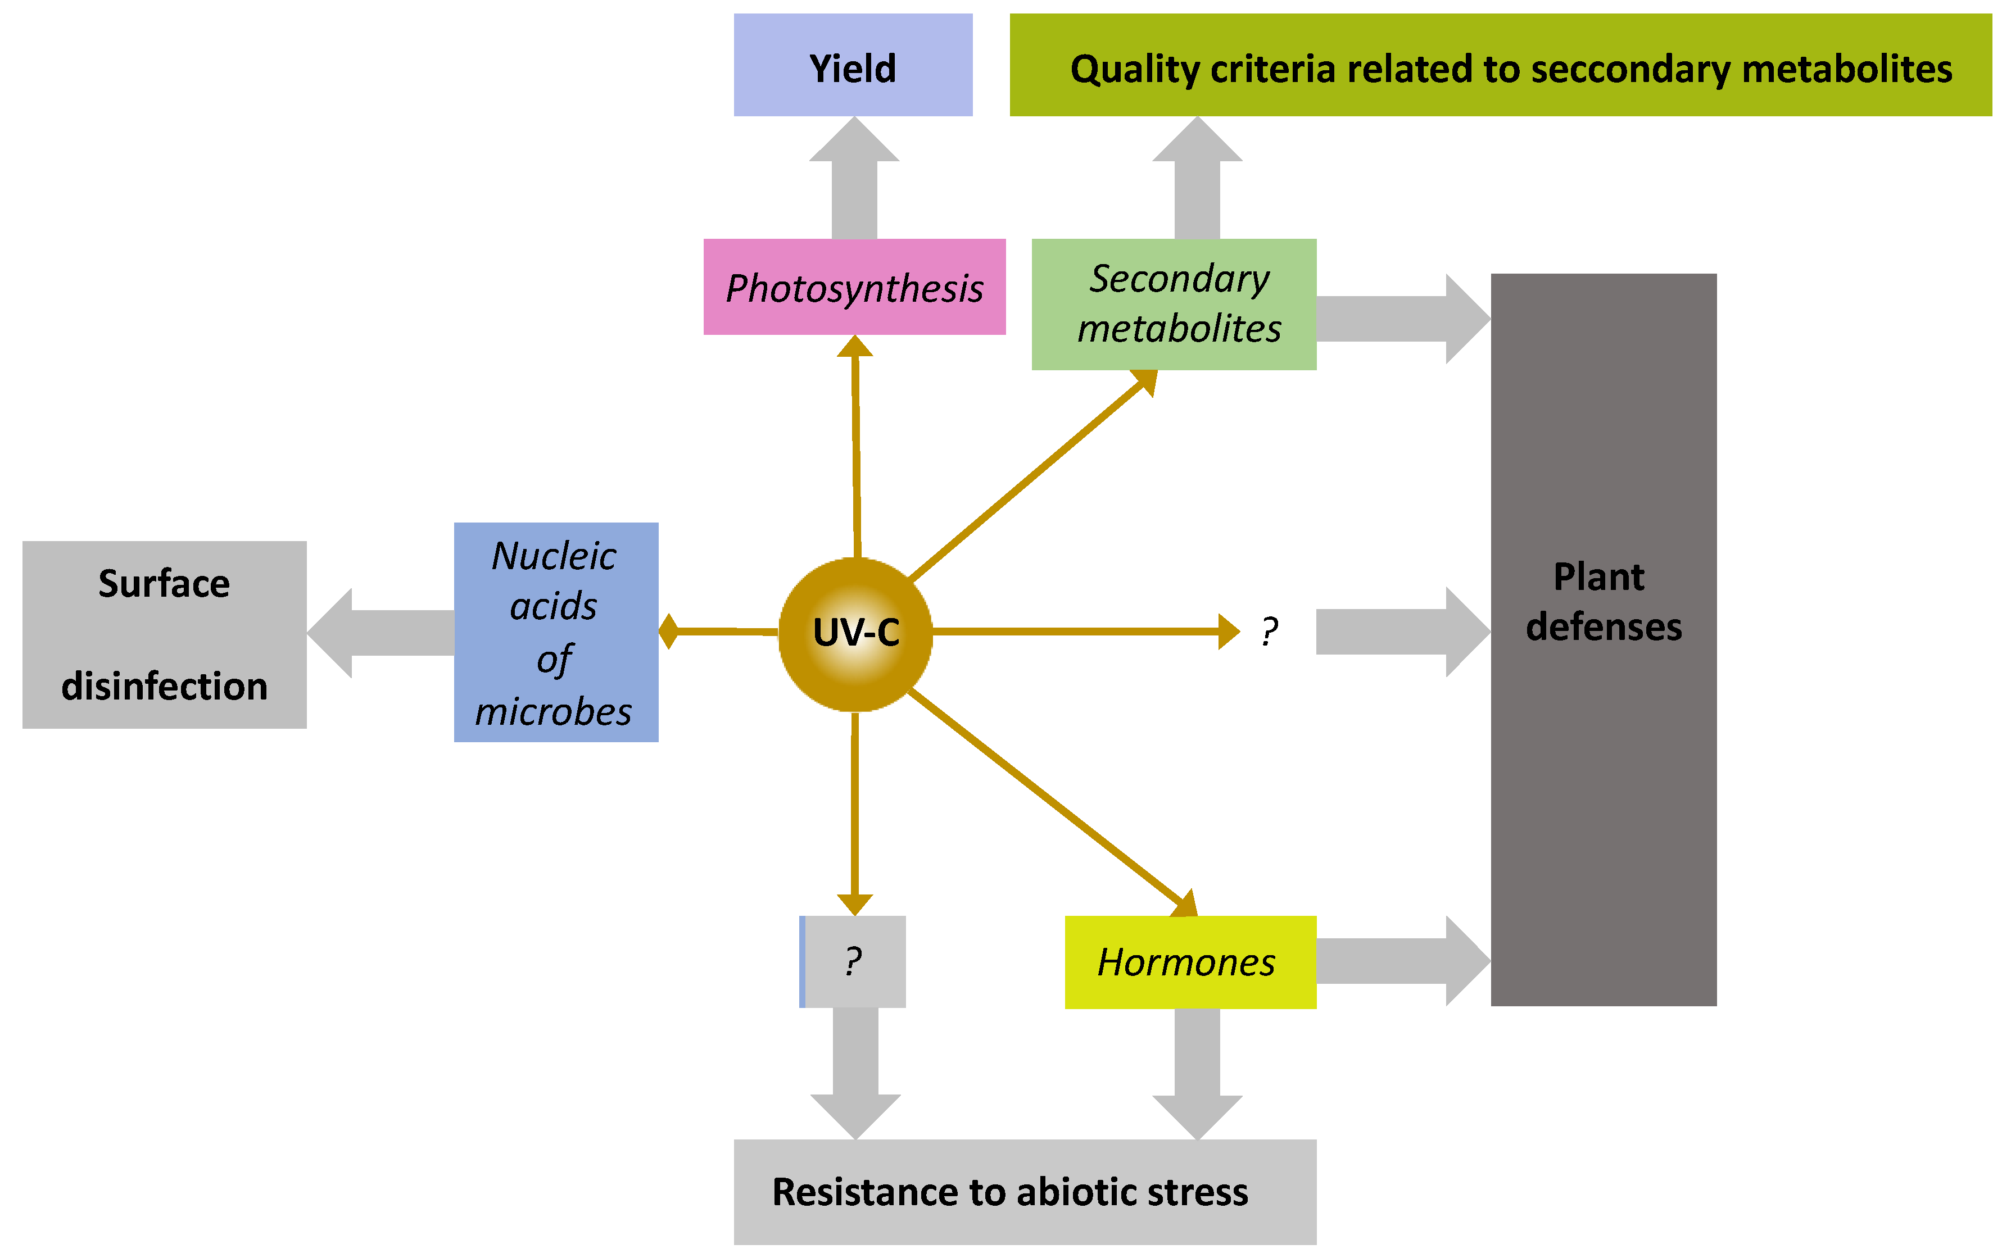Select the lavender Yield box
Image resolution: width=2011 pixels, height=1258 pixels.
[x=853, y=65]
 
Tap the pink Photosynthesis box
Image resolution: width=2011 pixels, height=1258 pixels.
[x=854, y=287]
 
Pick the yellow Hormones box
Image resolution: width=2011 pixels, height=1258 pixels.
[x=1190, y=962]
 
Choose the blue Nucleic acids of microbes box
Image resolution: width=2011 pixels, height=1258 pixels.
[x=556, y=632]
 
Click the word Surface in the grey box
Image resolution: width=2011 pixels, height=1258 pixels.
[x=164, y=583]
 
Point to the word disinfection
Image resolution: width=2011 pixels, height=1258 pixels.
[x=164, y=687]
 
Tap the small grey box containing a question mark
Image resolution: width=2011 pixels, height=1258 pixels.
[x=853, y=962]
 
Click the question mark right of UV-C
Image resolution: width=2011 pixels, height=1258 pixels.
[x=1269, y=632]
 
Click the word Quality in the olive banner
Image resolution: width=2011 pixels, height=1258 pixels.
[x=1134, y=69]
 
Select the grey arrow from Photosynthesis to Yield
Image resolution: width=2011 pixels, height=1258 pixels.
[x=854, y=179]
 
